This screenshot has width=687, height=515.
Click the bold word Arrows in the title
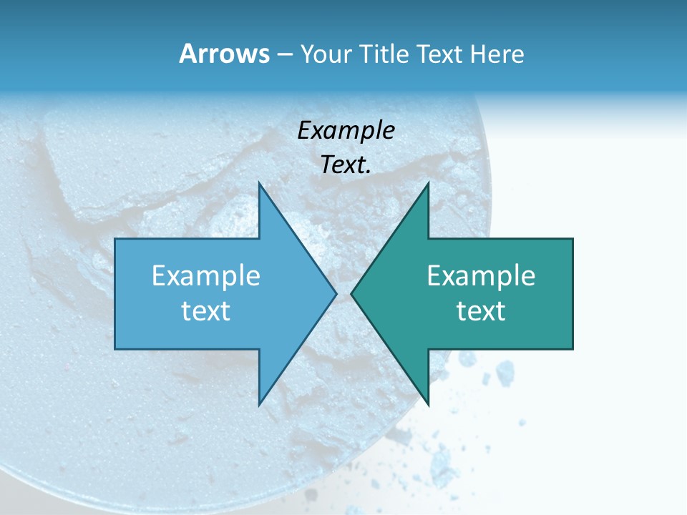click(224, 54)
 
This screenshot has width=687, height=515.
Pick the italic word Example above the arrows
click(346, 131)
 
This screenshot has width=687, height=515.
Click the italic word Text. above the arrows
click(346, 165)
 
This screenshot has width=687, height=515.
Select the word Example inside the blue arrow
click(206, 276)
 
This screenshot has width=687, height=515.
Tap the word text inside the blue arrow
click(206, 310)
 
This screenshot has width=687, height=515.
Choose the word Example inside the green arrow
click(481, 276)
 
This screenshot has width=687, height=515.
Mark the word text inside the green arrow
click(481, 310)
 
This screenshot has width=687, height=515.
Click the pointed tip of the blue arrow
click(336, 293)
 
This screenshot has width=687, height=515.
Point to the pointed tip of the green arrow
click(351, 293)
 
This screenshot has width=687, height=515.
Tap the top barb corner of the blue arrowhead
click(259, 183)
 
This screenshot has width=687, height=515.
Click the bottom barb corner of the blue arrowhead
click(259, 405)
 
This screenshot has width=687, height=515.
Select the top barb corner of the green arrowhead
click(428, 183)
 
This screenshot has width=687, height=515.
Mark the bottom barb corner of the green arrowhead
click(428, 405)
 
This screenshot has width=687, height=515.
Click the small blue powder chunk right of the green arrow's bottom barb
click(505, 372)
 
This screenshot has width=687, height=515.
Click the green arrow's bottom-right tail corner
click(572, 349)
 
